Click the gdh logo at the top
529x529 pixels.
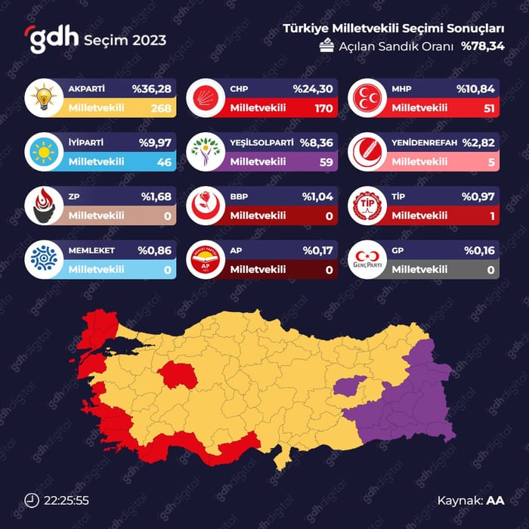point(54,39)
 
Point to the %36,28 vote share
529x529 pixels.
point(153,89)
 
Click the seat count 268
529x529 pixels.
point(161,108)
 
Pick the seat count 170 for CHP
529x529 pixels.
point(323,108)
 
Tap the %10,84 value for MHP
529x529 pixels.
point(475,89)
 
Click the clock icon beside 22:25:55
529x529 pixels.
point(32,500)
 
